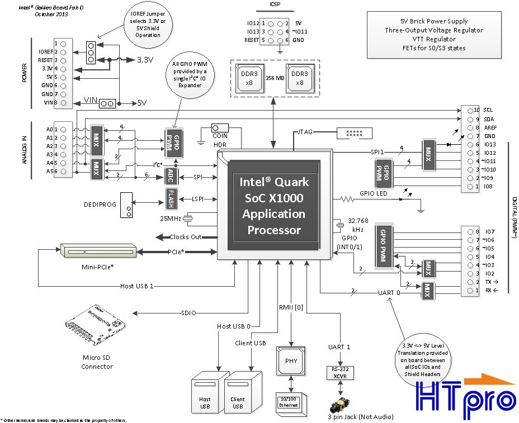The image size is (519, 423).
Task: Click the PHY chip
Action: coord(291,360)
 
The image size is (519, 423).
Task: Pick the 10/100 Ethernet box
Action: coord(289,402)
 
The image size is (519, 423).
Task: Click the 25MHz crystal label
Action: coord(171,218)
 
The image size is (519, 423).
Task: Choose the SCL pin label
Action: coord(488,110)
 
